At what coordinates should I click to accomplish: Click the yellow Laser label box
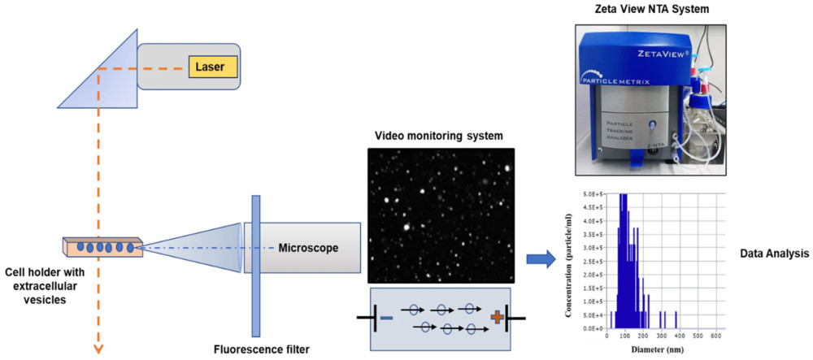point(212,66)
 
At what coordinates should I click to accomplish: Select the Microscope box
point(302,247)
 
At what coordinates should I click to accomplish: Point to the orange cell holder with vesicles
point(102,246)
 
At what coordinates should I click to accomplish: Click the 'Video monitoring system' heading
point(441,134)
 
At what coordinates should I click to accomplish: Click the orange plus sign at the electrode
point(495,317)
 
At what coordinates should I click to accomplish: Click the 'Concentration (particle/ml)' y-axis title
point(568,262)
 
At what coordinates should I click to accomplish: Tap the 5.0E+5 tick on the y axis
point(589,194)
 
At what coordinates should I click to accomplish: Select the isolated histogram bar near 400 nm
point(676,320)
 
